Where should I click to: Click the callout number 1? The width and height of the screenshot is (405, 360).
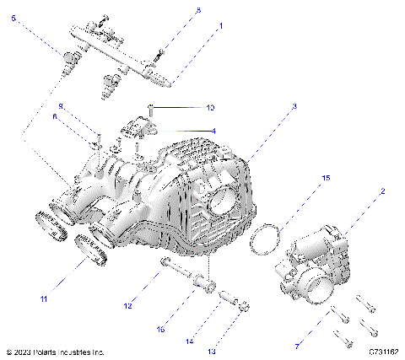(221, 26)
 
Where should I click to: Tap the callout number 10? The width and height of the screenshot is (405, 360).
(211, 108)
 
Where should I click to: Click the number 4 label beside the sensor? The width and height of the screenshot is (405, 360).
(213, 131)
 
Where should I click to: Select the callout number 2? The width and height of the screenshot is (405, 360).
(381, 191)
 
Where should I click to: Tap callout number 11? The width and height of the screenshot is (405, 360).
(43, 298)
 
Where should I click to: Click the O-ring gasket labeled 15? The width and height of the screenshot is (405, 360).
(266, 239)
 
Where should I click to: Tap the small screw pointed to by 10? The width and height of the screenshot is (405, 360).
(150, 107)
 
